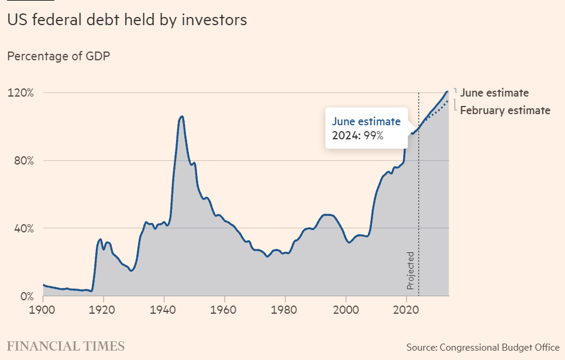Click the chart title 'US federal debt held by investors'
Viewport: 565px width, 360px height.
[x=127, y=20]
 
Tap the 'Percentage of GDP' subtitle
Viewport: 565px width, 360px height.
[x=58, y=56]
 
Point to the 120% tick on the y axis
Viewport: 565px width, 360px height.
[x=20, y=93]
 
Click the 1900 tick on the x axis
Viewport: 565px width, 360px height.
[x=43, y=308]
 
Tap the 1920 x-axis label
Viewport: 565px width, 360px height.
[x=104, y=308]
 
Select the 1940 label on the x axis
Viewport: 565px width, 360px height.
[x=164, y=308]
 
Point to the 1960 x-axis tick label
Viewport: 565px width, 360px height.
[x=225, y=308]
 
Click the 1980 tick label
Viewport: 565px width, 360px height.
[x=285, y=308]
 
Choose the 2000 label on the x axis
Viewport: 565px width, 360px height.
[x=346, y=308]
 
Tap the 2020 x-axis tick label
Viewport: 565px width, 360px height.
[x=406, y=308]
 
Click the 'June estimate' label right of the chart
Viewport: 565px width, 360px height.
[x=494, y=92]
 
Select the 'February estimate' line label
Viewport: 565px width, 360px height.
[x=505, y=110]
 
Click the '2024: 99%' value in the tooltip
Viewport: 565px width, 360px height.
[x=357, y=136]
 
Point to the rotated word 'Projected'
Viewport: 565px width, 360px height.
[x=411, y=270]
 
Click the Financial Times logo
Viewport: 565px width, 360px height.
[x=66, y=345]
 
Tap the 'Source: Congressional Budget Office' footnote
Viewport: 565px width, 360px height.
[x=483, y=347]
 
